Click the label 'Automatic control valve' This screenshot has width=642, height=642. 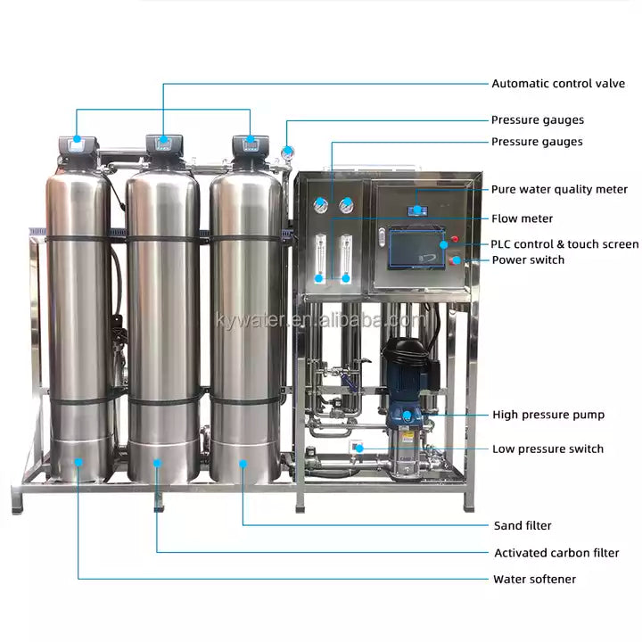[x=558, y=84]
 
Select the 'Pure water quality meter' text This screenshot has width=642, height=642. [x=559, y=189]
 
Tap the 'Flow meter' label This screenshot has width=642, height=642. [x=522, y=218]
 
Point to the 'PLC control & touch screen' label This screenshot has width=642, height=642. [x=564, y=244]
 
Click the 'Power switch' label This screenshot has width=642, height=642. [x=528, y=260]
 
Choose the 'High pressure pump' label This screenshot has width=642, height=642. [x=548, y=415]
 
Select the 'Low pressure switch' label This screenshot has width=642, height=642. [x=547, y=449]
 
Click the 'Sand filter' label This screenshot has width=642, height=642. [x=523, y=525]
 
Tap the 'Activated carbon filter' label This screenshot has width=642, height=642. [x=556, y=553]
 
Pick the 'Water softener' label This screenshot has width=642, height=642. [x=534, y=579]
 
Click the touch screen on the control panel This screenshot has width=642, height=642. [x=416, y=249]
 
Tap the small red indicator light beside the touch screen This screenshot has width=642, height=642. [x=455, y=239]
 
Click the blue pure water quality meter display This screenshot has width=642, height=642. [x=417, y=210]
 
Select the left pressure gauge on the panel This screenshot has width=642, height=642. [x=321, y=206]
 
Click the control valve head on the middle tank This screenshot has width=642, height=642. [x=164, y=144]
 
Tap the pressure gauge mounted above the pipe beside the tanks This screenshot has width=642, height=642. [x=287, y=152]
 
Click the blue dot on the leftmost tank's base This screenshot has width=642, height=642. [x=78, y=462]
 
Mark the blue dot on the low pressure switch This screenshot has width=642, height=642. [x=359, y=449]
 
